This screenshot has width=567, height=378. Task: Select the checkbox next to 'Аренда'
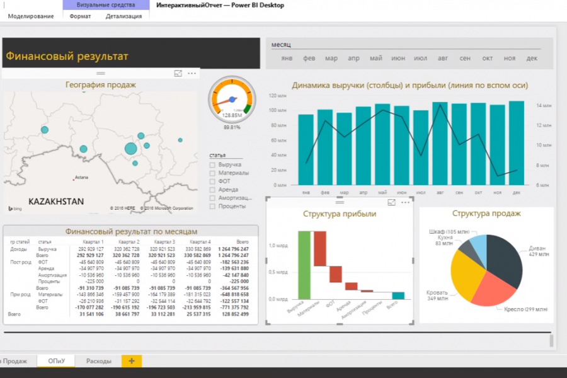(x=212, y=190)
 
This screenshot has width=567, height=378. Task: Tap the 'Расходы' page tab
(x=99, y=361)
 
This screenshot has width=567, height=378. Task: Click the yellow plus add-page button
(x=132, y=361)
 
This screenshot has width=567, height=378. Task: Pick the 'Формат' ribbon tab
(x=79, y=16)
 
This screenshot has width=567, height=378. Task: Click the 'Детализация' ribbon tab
(x=123, y=16)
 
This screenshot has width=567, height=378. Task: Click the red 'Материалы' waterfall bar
(x=320, y=249)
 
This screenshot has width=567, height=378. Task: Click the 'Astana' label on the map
(x=81, y=178)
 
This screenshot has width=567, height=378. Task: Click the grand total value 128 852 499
(x=234, y=313)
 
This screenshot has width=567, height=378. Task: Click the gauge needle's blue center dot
(x=232, y=100)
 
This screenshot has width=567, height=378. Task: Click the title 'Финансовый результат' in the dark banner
(x=67, y=56)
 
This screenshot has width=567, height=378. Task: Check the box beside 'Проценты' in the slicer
(x=212, y=206)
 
